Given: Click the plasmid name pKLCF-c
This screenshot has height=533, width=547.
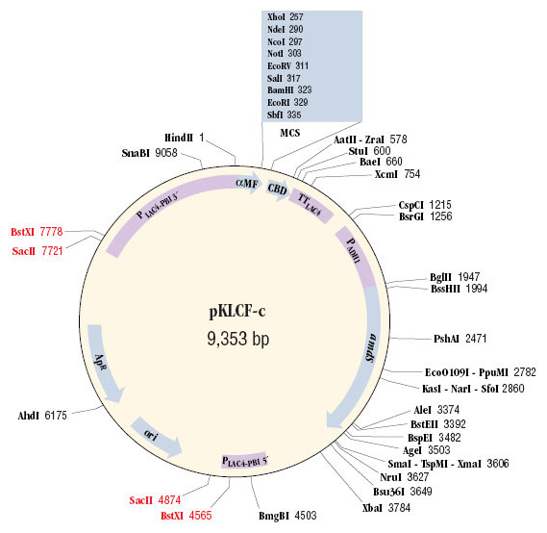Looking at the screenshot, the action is point(237,311).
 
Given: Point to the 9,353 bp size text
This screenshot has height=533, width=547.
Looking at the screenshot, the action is point(238,339).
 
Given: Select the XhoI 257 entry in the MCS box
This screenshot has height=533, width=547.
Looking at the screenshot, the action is point(285,16).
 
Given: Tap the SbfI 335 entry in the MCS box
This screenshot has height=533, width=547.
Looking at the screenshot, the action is point(284,114).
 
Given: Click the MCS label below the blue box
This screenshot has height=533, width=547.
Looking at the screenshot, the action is point(290,133).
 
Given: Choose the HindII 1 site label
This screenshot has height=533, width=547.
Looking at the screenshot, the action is point(184,138).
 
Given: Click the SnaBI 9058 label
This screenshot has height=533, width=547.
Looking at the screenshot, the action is point(149,153).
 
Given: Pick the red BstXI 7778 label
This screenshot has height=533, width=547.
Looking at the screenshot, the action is point(37,232).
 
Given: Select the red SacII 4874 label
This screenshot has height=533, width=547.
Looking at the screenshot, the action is point(155,500).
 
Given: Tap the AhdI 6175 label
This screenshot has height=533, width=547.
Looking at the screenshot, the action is point(42,416).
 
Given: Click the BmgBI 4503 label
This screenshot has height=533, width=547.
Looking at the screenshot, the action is point(287,516).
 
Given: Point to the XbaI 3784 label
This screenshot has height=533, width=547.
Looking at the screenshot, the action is point(386,508).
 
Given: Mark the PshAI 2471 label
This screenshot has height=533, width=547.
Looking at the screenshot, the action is point(460,339).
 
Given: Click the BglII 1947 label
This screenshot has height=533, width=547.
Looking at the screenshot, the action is point(455,277).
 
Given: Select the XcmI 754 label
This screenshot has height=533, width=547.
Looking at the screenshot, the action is point(397,174).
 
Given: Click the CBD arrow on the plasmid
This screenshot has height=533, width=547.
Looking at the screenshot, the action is point(278,190).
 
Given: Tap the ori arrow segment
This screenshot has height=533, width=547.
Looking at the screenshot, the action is point(156,437).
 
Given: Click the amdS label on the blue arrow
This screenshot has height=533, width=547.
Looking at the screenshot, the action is point(371,347).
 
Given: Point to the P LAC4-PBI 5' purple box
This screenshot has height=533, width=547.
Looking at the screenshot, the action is point(244,462).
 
